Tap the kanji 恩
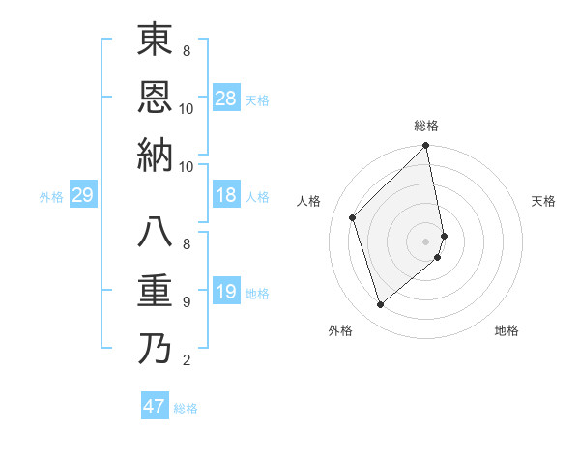point(156,96)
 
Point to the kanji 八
point(156,233)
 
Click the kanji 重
point(156,290)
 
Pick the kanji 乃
point(156,347)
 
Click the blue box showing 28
point(226,98)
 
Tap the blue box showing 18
point(226,196)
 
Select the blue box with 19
point(226,292)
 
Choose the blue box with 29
point(82,196)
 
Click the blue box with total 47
point(155,407)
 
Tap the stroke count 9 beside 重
point(186,302)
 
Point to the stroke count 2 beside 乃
point(186,361)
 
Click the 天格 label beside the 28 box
point(257,99)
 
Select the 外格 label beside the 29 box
point(51,197)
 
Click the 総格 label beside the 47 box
point(186,409)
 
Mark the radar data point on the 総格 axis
point(426,147)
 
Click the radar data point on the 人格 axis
point(353,217)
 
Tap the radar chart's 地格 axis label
point(507,330)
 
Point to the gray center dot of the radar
point(426,241)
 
